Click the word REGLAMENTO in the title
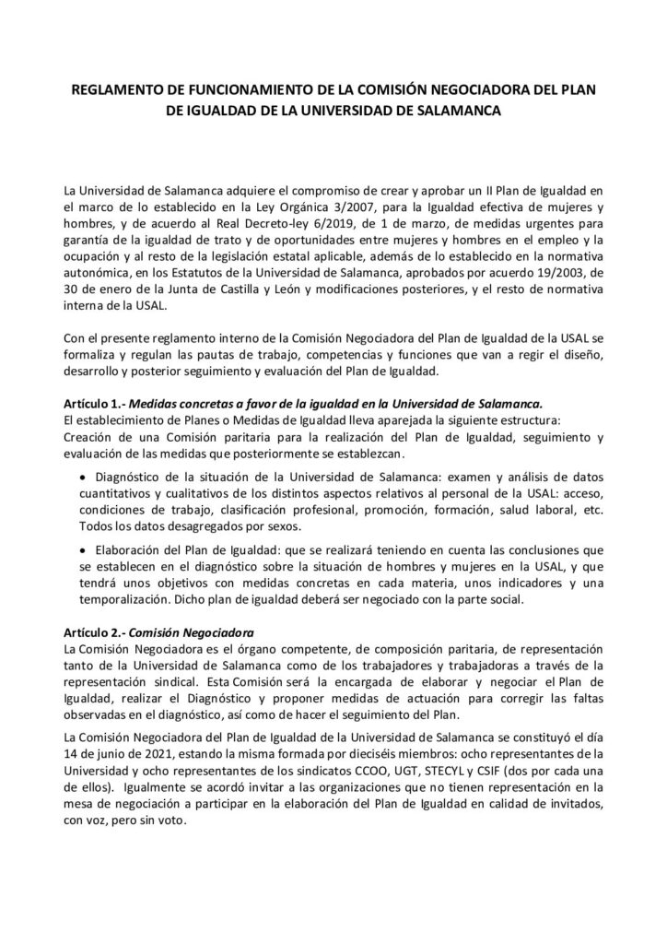point(111,90)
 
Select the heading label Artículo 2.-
point(94,631)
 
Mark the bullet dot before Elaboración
point(84,546)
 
